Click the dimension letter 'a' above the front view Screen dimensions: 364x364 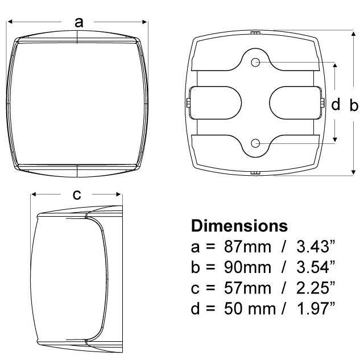tap(79, 22)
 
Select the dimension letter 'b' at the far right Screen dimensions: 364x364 tap(354, 105)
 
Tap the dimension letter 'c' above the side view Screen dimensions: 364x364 tap(77, 195)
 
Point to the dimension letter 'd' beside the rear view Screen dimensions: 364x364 tap(336, 105)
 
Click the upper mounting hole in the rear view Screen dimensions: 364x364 tap(255, 62)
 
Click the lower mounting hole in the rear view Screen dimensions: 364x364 tap(255, 143)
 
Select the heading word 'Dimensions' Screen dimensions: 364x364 tap(239, 226)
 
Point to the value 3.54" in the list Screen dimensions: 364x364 tap(313, 267)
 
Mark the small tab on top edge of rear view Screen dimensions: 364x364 tap(255, 33)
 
